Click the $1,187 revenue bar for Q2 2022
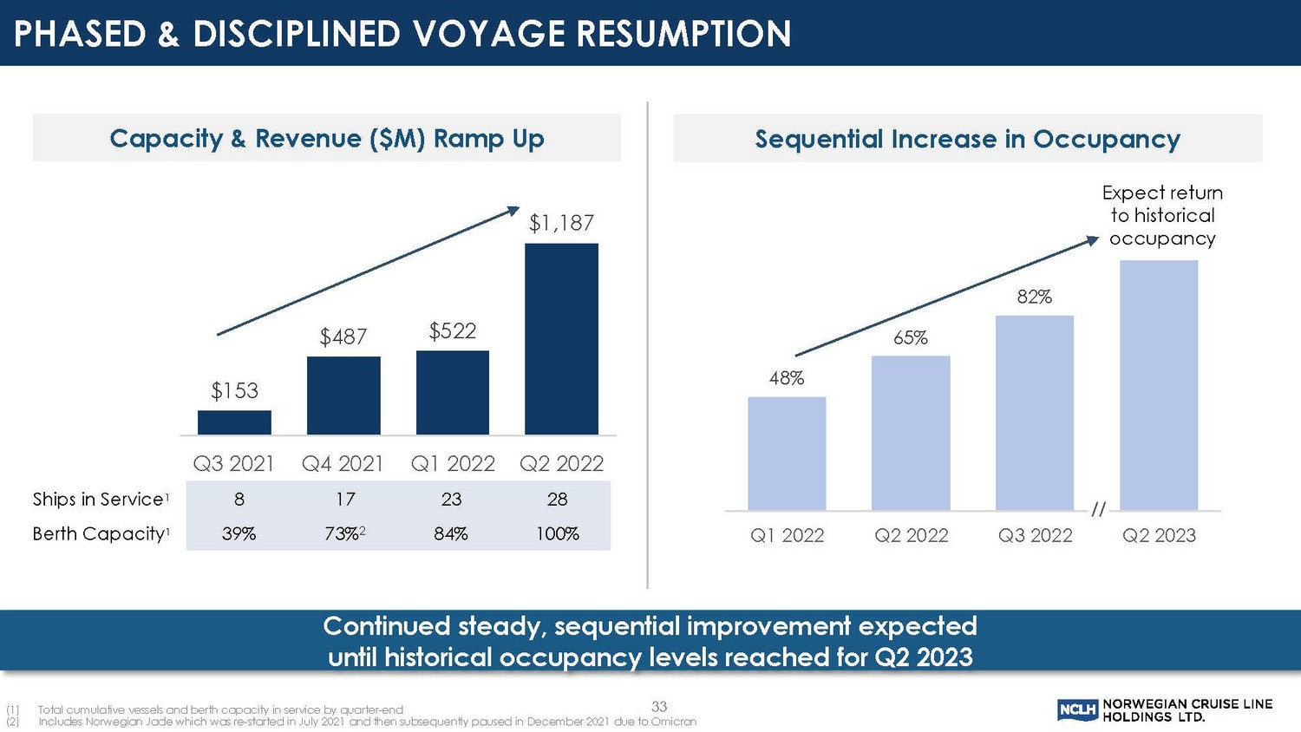(561, 338)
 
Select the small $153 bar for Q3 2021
(234, 422)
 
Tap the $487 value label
(343, 337)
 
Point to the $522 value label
(453, 330)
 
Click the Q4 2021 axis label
(343, 464)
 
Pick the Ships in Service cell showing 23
(451, 500)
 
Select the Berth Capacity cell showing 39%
(239, 534)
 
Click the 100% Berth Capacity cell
(557, 534)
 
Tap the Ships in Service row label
(99, 500)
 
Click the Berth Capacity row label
(99, 534)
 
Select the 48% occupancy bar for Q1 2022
(787, 454)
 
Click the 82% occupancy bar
(1035, 413)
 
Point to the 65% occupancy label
(911, 338)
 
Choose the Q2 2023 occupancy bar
(1159, 385)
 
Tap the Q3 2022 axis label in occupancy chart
(1035, 536)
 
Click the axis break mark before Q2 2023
(1098, 509)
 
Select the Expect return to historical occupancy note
(1162, 216)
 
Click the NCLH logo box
(1077, 711)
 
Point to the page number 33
(659, 707)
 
